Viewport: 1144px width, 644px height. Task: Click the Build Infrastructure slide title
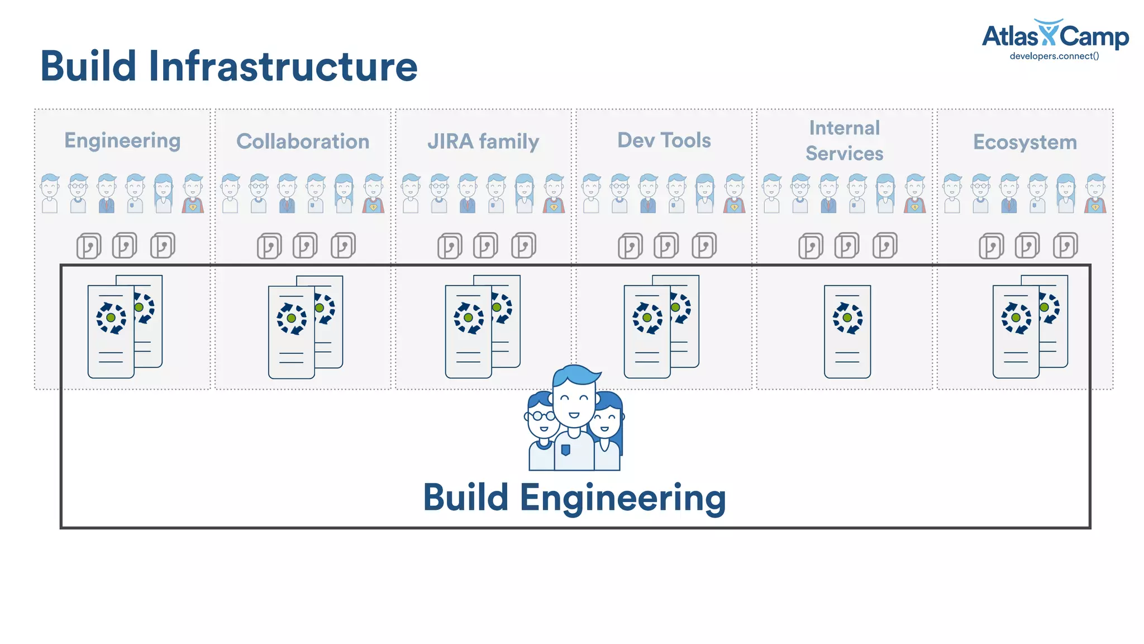[228, 67]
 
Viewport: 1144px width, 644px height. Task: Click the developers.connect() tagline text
[1054, 56]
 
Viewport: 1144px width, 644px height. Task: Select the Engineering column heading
[122, 141]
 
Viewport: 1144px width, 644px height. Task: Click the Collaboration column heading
[303, 141]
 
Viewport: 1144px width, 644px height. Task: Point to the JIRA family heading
[483, 141]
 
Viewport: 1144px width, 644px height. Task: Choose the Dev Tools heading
[664, 140]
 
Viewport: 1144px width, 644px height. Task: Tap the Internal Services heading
[844, 140]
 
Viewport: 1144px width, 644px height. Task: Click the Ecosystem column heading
[1024, 142]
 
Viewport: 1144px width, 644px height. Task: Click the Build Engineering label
[574, 497]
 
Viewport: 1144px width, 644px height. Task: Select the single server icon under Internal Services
[847, 332]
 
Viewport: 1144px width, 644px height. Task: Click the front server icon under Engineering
[111, 332]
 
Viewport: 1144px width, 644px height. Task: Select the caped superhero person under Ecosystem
[1095, 194]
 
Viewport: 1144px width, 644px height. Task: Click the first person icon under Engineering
[50, 194]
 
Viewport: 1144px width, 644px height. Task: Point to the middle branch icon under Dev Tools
[666, 245]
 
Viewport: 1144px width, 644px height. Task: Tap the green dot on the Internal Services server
[847, 318]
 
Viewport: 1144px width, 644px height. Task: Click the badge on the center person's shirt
[565, 450]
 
